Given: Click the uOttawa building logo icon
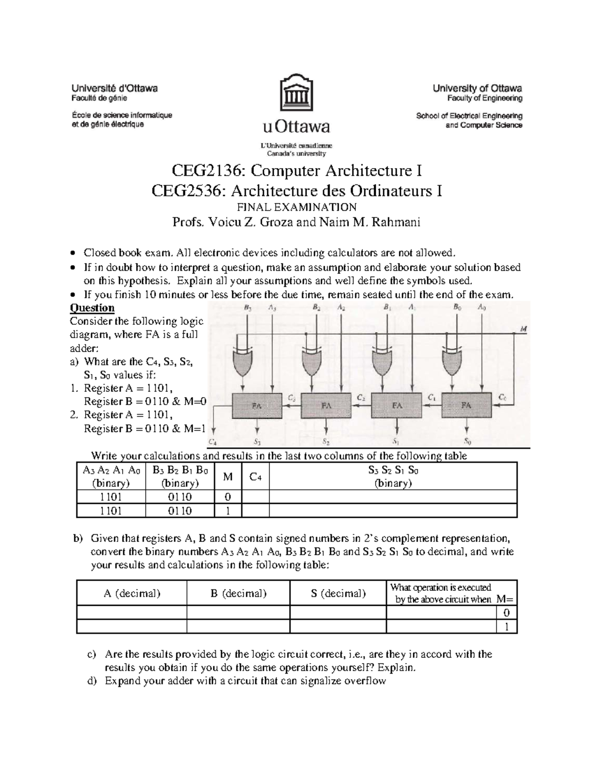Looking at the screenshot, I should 297,93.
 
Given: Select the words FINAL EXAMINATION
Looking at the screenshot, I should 297,207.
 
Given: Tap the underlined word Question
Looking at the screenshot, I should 92,308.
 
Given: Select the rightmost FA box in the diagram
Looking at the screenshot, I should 466,405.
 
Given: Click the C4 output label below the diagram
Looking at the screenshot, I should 213,442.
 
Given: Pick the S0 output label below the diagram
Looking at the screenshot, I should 467,441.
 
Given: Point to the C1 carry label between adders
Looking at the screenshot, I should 432,397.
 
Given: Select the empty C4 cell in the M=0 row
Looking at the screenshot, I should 255,497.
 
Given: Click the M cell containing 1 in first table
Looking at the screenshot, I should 228,511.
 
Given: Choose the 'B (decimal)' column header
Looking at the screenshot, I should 238,593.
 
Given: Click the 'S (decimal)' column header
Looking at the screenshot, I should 338,593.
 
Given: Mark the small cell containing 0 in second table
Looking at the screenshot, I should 506,613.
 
